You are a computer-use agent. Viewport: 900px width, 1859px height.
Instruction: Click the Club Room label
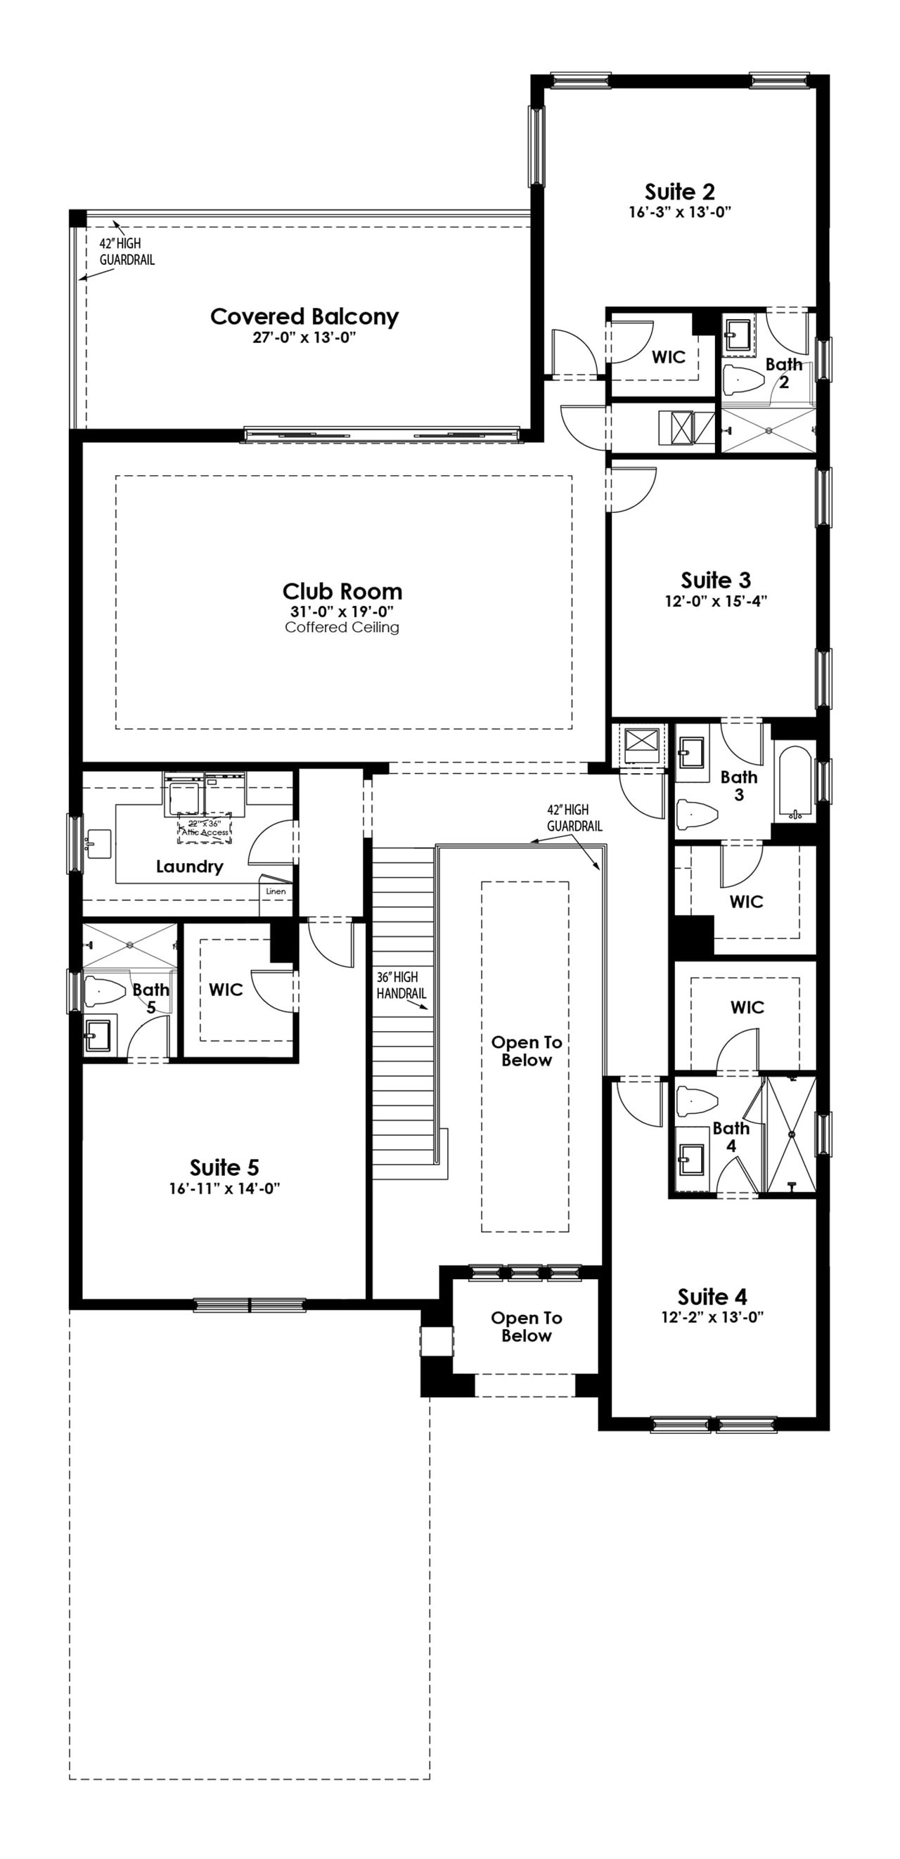342,592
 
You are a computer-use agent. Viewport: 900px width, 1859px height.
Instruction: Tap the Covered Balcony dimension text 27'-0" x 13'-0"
304,338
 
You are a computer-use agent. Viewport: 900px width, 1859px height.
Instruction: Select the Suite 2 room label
680,192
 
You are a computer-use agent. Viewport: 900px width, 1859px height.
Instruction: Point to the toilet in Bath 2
743,378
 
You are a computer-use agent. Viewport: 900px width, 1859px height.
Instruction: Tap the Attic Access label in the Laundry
205,832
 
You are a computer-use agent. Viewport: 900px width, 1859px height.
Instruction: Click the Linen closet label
276,891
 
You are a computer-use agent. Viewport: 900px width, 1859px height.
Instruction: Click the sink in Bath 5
98,1036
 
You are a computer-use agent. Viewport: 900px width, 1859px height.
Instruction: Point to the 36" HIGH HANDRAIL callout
401,985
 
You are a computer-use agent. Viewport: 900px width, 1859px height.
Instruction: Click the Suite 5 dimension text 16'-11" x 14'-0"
224,1188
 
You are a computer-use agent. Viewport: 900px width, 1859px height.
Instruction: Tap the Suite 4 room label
712,1297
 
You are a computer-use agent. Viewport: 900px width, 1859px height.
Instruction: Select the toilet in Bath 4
697,1101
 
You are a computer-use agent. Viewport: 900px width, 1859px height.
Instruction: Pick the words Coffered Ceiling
342,628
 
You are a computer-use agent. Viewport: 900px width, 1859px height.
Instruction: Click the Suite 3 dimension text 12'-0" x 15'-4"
716,601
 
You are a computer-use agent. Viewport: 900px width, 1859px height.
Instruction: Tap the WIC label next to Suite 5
226,990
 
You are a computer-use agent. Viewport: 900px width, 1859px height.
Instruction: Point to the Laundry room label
190,866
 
